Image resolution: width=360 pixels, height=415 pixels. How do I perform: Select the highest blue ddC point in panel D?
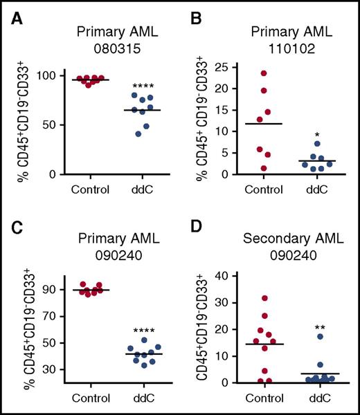tap(321, 337)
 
